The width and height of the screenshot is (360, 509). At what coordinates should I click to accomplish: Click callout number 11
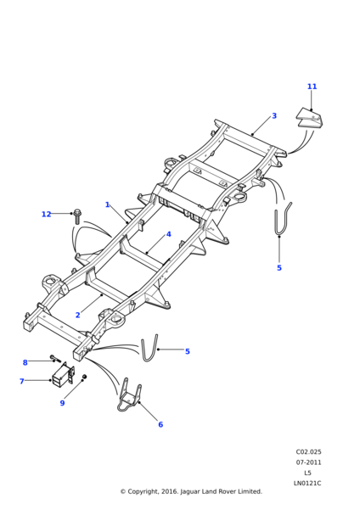[x=312, y=87]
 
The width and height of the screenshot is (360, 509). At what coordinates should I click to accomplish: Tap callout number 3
[x=274, y=115]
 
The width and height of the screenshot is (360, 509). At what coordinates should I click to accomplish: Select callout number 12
[x=47, y=215]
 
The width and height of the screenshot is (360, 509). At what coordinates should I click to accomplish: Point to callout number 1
[x=107, y=204]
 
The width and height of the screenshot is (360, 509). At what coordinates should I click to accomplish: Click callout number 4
[x=168, y=234]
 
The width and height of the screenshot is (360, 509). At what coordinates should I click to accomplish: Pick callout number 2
[x=77, y=315]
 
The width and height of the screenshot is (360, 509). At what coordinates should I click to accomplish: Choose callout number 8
[x=25, y=362]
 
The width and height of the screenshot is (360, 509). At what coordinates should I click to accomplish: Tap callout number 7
[x=22, y=381]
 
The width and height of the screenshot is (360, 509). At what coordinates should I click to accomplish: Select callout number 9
[x=62, y=403]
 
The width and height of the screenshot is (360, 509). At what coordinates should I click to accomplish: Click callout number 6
[x=160, y=424]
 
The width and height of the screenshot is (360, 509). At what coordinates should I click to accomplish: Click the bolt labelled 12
[x=77, y=216]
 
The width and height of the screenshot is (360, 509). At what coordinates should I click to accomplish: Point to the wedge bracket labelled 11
[x=311, y=119]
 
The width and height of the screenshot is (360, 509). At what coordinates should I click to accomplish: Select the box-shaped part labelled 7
[x=63, y=375]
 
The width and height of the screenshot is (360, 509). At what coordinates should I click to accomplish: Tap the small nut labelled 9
[x=84, y=376]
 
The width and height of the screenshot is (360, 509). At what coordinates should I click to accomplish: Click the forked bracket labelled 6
[x=129, y=395]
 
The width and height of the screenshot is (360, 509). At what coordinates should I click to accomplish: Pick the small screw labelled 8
[x=55, y=358]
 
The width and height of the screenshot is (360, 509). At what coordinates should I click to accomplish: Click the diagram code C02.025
[x=308, y=452]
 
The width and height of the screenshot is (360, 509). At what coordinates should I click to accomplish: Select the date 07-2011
[x=308, y=462]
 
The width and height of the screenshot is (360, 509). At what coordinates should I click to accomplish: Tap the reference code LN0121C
[x=307, y=484]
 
